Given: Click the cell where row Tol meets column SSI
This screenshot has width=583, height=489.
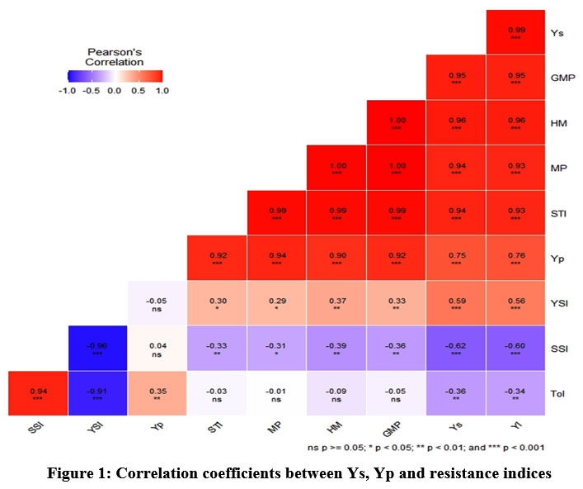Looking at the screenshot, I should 37,393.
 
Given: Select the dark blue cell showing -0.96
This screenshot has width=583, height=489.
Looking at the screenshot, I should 96,349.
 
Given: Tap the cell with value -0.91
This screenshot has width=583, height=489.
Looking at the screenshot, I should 96,393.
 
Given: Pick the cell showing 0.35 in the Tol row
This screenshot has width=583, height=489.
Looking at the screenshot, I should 157,393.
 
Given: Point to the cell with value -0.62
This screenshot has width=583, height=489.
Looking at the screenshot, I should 455,349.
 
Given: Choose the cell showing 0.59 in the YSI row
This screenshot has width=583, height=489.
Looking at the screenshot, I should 455,303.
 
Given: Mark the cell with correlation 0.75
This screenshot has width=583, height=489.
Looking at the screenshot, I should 455,258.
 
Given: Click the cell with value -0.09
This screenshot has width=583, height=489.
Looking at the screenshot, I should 336,393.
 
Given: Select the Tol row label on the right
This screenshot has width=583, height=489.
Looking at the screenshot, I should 557,393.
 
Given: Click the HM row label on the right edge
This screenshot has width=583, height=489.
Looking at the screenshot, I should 557,123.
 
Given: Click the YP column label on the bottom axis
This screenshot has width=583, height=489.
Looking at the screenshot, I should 157,428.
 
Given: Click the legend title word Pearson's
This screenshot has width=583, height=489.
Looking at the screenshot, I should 115,50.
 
